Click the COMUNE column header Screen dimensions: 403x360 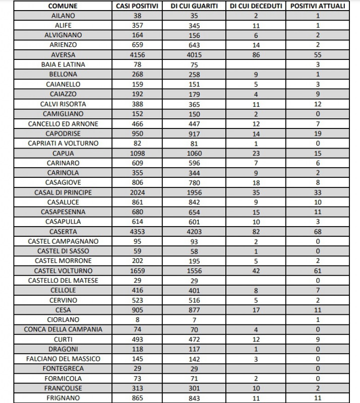coord(63,6)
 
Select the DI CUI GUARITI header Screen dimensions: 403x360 coord(194,6)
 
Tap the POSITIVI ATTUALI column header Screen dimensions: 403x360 coord(318,6)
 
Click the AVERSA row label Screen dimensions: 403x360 coord(63,55)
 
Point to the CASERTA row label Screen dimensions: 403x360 coord(63,231)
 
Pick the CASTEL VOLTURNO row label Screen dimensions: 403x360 coord(63,271)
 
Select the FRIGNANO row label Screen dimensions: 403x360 coord(63,398)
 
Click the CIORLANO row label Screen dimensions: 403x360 coord(63,319)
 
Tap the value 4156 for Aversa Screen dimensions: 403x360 coord(137,55)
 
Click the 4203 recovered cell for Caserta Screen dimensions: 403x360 coord(194,231)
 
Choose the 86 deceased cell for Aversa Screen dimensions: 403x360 coord(256,55)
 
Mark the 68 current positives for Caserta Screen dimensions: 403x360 coord(318,231)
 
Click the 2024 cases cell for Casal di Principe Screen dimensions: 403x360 coord(137,192)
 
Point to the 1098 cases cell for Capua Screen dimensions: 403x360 coord(137,153)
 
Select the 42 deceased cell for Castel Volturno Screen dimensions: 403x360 coord(256,271)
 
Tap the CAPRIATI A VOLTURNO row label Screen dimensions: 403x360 coord(63,143)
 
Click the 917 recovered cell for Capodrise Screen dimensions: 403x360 coord(194,133)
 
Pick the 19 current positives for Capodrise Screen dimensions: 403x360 coord(318,133)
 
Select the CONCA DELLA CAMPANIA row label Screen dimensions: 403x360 coord(63,329)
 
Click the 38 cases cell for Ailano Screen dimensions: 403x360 coord(137,16)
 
